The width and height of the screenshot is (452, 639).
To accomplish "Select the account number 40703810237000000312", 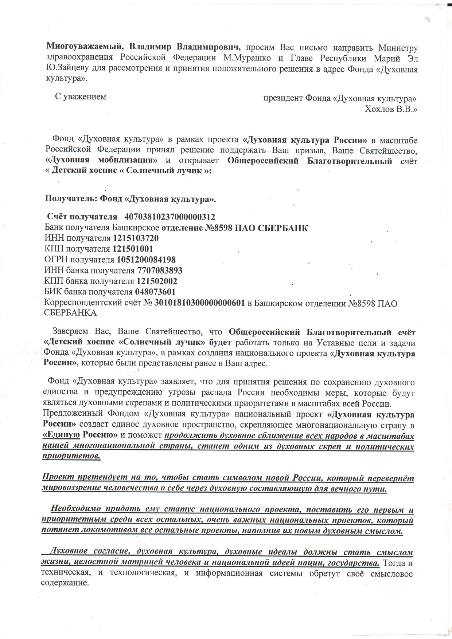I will click(170, 217).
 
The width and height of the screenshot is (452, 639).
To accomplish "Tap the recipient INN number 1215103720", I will click(136, 238).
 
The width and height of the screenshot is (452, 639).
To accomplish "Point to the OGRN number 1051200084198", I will click(146, 260).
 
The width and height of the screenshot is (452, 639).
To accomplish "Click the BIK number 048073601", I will click(155, 292).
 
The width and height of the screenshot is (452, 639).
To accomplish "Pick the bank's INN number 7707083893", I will click(160, 271).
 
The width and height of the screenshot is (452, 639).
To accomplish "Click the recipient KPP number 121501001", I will click(133, 249).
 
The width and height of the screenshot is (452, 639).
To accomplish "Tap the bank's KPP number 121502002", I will click(157, 281).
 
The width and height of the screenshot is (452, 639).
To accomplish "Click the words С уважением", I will click(81, 97).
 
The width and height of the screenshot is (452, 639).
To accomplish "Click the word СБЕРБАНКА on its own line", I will click(70, 313).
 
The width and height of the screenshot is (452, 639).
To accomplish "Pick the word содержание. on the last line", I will click(65, 583).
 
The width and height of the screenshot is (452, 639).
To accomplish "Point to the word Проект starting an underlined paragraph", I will click(57, 478).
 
